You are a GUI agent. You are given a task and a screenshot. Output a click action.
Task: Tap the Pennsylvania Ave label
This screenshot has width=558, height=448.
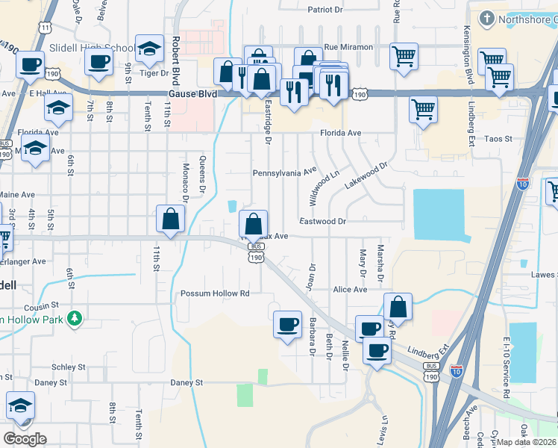(284, 172)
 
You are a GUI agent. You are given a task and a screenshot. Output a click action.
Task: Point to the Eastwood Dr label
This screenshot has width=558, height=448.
(323, 221)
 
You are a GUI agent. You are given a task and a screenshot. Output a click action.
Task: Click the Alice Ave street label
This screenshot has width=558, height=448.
(351, 290)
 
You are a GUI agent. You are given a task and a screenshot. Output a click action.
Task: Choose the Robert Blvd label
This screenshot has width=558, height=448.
(176, 53)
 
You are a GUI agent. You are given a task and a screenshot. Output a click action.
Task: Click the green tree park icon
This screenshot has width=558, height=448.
(74, 320)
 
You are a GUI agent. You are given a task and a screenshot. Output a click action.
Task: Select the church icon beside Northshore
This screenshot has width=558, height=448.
(486, 18)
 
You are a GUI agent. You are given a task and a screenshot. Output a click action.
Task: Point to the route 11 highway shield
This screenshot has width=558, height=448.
(46, 28)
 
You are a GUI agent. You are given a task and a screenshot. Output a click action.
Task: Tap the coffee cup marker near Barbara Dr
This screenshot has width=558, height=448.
(287, 324)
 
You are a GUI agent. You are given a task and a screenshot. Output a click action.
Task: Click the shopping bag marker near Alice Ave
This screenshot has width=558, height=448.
(398, 306)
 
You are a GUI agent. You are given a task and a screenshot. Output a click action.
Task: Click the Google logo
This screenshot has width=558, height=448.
(25, 439)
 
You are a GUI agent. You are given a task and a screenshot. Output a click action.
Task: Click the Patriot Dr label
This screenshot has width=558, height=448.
(325, 10)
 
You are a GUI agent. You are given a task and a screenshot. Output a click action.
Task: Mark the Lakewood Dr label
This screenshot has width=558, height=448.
(368, 176)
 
